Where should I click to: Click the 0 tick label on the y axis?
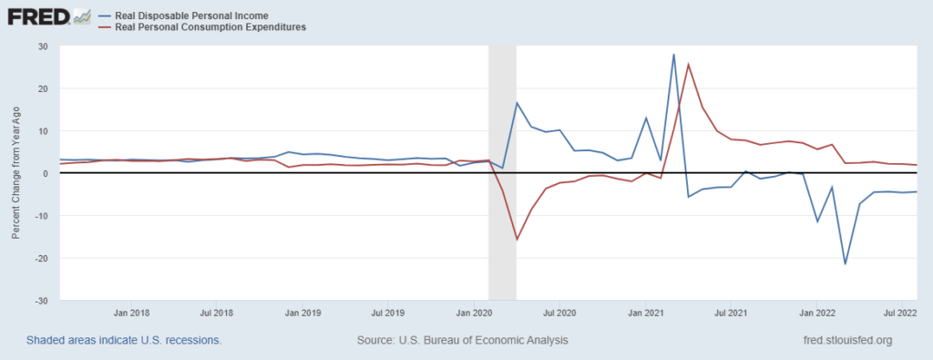(x=45, y=173)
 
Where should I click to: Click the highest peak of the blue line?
(x=673, y=55)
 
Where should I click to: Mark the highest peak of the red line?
(x=689, y=64)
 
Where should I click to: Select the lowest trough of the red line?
(x=517, y=240)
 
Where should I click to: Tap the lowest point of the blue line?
(x=846, y=264)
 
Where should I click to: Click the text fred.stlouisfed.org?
(x=843, y=340)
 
